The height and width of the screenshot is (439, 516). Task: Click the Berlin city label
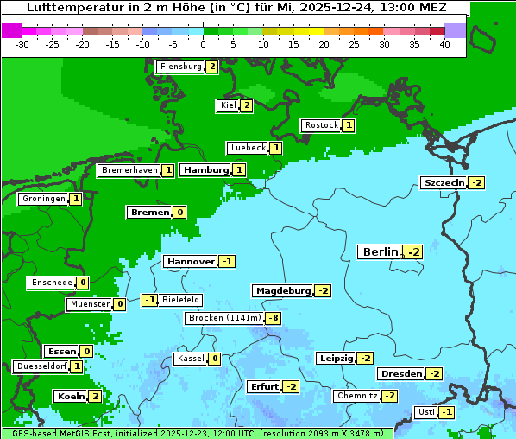pos(380,251)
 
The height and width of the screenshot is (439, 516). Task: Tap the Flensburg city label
pos(180,67)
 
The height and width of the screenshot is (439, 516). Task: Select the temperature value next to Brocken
pos(274,318)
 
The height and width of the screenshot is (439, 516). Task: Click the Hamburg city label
pos(205,170)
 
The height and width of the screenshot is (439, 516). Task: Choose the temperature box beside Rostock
pos(348,125)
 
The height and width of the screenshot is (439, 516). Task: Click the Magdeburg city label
pos(282,290)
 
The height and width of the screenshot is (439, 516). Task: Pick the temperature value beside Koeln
pos(95,396)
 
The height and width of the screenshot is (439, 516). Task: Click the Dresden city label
pos(400,373)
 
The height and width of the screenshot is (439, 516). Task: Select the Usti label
pos(425,412)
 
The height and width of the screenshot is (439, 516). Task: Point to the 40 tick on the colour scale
pos(444,44)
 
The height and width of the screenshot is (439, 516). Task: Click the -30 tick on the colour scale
pos(23,44)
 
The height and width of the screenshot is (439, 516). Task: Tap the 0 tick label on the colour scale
pos(203,44)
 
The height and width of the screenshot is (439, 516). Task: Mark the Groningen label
pos(44,199)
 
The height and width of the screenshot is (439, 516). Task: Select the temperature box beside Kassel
pos(214,359)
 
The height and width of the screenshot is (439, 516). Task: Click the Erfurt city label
pos(264,386)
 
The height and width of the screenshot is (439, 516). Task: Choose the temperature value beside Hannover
pos(227,261)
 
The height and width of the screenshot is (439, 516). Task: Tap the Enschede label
pos(51,283)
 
